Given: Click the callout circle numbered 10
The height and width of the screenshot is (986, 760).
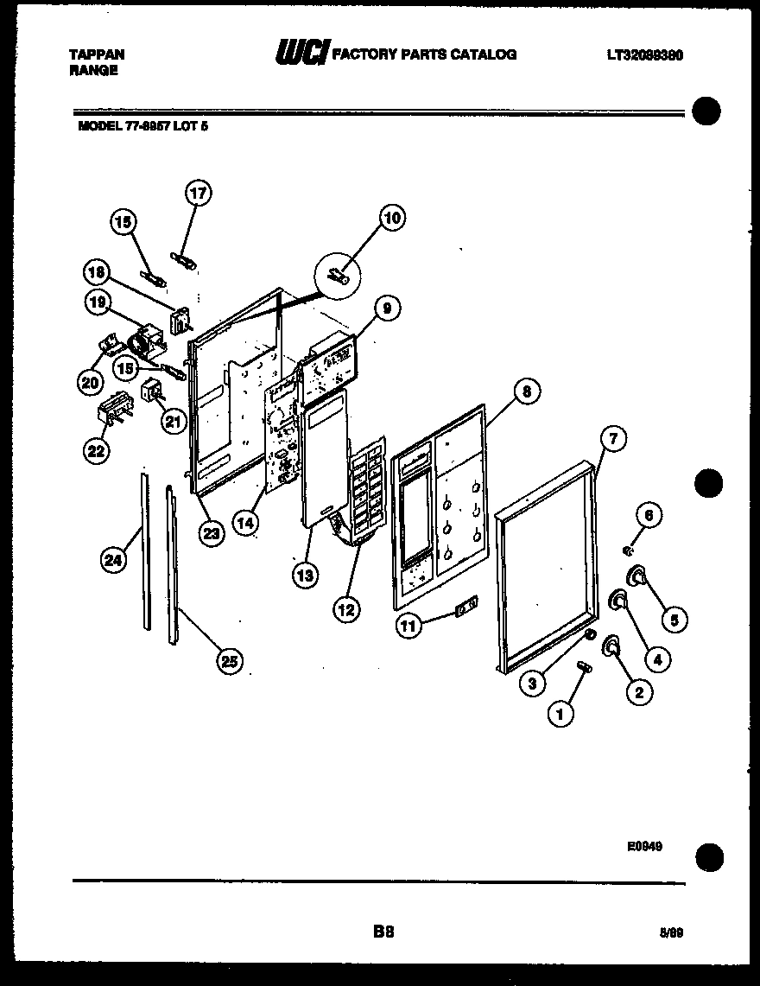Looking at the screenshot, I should [x=392, y=218].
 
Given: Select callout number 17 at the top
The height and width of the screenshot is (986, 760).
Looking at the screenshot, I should [x=199, y=193].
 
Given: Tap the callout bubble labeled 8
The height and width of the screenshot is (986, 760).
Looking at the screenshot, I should [x=525, y=391].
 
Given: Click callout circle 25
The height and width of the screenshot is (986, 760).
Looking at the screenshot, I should [x=227, y=661].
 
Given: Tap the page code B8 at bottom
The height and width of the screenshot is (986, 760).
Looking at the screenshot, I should [x=383, y=931].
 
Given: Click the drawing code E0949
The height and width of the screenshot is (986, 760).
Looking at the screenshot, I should [x=644, y=848].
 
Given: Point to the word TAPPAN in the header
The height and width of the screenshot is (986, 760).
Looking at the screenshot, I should [x=96, y=54].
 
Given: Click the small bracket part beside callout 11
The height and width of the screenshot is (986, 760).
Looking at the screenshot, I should [x=465, y=610].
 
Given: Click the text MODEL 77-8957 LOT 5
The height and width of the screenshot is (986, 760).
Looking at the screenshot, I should [x=142, y=125].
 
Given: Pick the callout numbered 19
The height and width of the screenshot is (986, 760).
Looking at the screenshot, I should [x=96, y=302].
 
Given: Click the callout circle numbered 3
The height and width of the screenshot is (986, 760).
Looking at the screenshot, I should [x=532, y=683].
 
